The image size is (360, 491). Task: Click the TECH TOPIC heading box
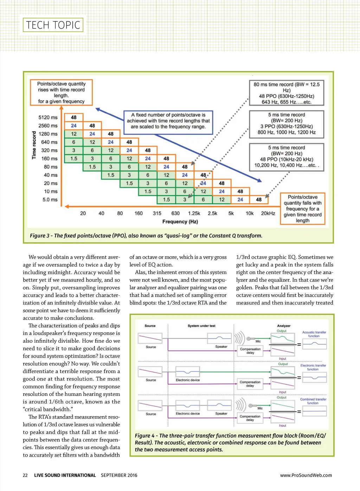point(53,25)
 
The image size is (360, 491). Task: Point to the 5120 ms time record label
point(48,117)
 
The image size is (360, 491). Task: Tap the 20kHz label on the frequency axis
point(268,213)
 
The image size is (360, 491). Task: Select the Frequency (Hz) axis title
point(180,222)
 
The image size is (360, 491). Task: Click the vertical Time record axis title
point(34,145)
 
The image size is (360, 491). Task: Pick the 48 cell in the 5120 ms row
point(74,117)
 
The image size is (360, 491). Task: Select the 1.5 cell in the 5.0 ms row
point(166,199)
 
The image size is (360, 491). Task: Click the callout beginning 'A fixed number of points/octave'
point(168,121)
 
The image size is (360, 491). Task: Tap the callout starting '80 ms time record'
point(287,93)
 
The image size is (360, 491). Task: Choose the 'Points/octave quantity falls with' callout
point(302,209)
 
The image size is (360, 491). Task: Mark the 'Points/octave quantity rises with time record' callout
point(61,93)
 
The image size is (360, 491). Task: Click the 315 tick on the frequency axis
point(157,213)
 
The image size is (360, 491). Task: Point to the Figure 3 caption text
point(146,236)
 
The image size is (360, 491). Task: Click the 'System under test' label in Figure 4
point(201,326)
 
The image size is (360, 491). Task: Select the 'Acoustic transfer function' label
point(314,334)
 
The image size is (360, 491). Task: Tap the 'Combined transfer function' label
point(313,401)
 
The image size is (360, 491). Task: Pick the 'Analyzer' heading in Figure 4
point(284,326)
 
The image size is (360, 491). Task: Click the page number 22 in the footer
point(25,475)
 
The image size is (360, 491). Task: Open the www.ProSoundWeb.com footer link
point(306,475)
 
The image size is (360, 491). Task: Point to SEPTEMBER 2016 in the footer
point(119,475)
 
